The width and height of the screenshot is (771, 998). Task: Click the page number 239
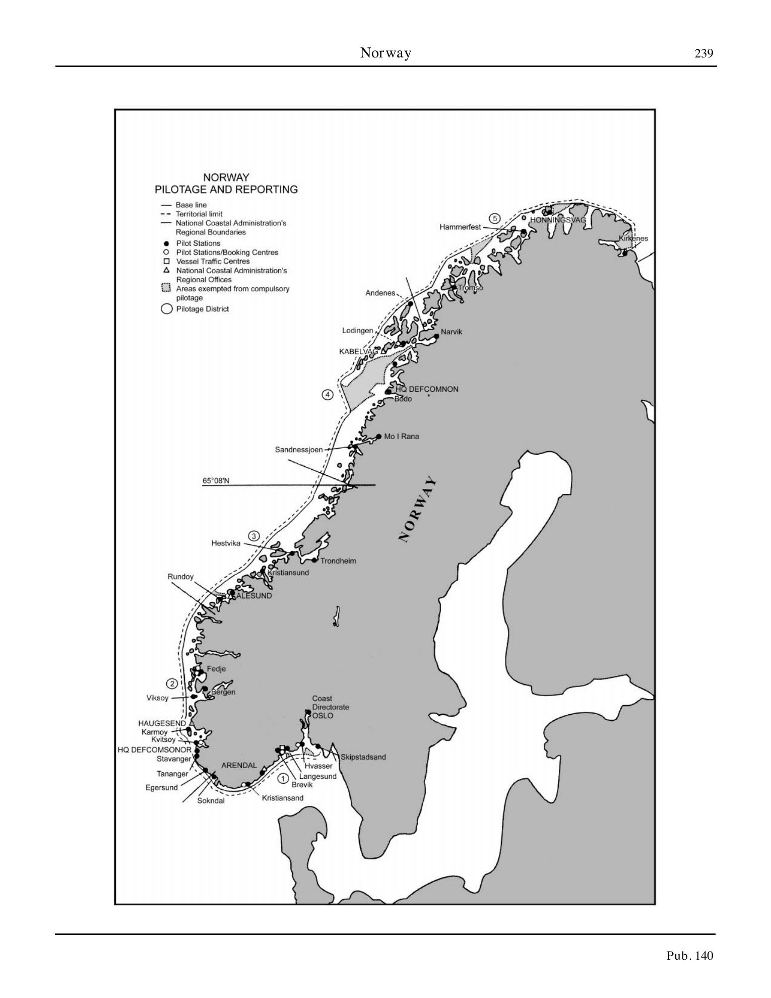pos(703,53)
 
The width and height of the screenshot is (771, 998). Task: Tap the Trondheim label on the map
pos(338,560)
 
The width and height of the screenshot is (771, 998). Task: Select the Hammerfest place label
pos(460,227)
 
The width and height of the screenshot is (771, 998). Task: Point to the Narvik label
pos(451,332)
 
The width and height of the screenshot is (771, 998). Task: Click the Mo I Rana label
pos(401,436)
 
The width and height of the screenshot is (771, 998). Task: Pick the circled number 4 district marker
pos(328,395)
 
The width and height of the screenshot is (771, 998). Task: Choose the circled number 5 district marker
pos(495,218)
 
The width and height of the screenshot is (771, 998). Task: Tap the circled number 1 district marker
pos(283,779)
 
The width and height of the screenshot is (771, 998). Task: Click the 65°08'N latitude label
pos(216,481)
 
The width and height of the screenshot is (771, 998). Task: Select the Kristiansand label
pos(283,798)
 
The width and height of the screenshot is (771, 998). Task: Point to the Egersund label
pos(162,787)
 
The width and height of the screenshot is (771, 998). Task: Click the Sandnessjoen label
pos(298,450)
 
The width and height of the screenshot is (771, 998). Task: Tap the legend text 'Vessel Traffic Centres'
pos(213,262)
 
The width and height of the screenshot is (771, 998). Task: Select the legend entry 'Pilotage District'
pos(202,309)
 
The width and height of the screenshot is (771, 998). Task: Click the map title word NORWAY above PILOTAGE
pos(226,177)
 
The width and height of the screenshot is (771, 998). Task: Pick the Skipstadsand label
pos(363,757)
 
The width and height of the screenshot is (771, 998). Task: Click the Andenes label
pos(380,293)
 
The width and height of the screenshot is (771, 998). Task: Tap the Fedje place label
pos(216,669)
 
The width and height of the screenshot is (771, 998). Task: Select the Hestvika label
pos(226,543)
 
